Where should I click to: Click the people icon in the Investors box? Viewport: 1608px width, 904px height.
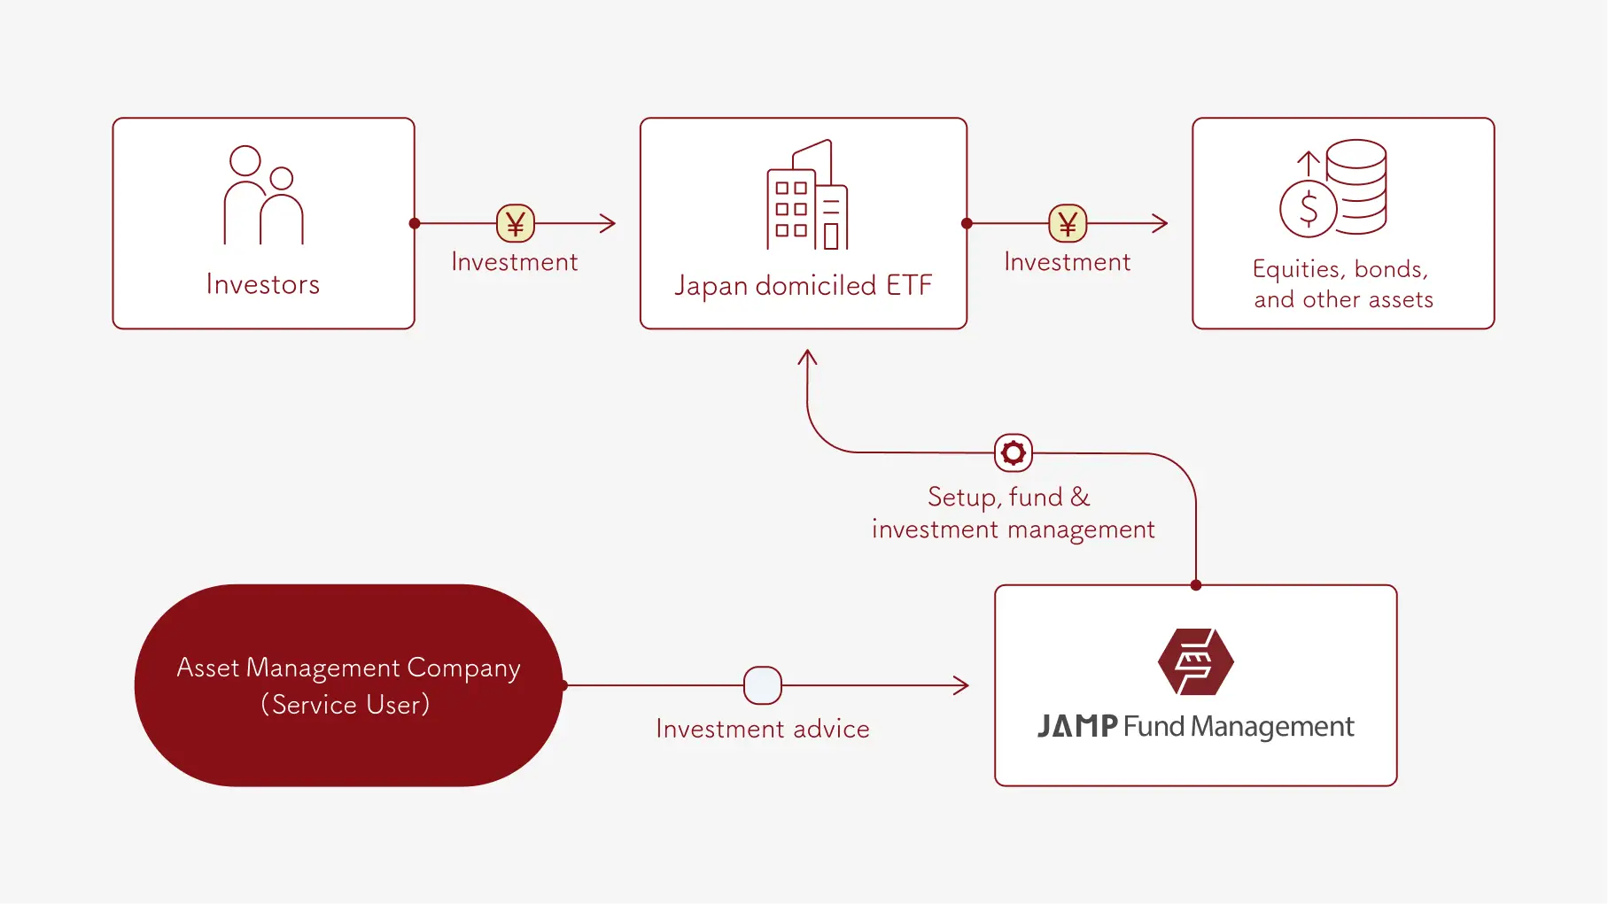pos(263,195)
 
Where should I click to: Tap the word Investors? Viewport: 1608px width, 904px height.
pos(263,284)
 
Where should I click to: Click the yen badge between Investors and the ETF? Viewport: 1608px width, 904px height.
pos(516,223)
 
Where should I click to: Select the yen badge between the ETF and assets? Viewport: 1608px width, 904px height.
pos(1068,223)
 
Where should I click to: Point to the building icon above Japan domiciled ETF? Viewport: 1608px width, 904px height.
pos(806,195)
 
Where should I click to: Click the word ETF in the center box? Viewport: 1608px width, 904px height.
pos(909,285)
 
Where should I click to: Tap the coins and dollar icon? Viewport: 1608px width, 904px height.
pos(1333,188)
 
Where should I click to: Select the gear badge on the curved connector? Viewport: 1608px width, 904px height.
pos(1014,452)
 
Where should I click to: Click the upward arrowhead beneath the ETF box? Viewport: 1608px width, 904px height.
pos(807,357)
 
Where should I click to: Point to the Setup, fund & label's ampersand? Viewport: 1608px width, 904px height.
pos(1080,497)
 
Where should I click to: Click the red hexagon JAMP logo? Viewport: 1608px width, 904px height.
pos(1195,661)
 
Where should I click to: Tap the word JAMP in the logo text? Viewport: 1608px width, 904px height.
pos(1077,726)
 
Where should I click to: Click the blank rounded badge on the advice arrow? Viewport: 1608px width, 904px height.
pos(763,685)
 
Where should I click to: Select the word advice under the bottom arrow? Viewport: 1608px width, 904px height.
pos(831,729)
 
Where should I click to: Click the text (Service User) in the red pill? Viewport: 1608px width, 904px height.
pos(346,705)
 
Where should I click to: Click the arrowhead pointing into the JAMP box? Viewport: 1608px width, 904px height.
pos(962,685)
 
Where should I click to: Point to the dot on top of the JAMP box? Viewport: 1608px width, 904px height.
pos(1196,585)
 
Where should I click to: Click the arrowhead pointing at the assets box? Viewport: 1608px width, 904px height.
pos(1161,223)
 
